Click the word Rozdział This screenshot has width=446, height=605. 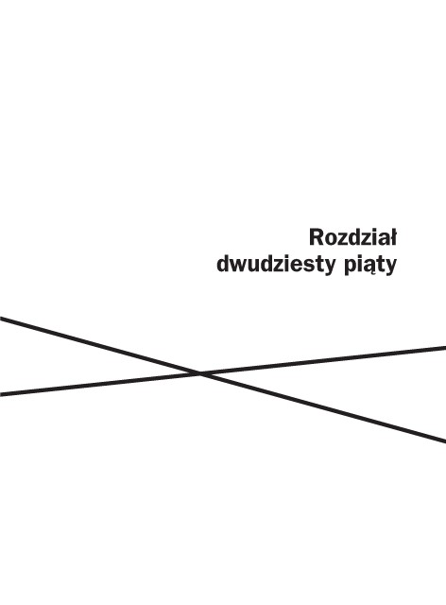coord(352,237)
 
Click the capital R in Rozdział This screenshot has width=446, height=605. coord(316,237)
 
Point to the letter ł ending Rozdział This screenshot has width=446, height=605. coord(393,237)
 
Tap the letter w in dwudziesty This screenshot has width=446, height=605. coord(239,267)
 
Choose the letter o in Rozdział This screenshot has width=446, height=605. coord(330,240)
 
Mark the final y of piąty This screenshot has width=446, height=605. coord(390,268)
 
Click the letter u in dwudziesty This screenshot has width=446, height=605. coord(255,267)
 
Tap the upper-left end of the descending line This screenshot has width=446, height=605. coord(0,319)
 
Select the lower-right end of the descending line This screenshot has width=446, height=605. coord(445,441)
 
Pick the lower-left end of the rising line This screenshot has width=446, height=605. coord(0,394)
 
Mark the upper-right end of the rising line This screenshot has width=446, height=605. coord(445,348)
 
